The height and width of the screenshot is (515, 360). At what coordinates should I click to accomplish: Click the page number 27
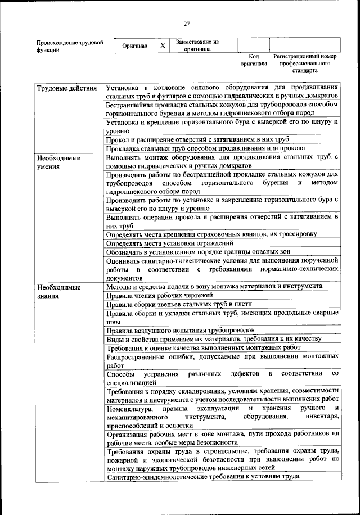187,24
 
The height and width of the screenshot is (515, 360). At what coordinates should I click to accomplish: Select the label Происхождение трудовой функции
69,46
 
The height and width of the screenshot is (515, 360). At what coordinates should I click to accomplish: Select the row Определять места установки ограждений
172,243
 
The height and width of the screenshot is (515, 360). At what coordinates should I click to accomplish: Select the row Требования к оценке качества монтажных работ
195,348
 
